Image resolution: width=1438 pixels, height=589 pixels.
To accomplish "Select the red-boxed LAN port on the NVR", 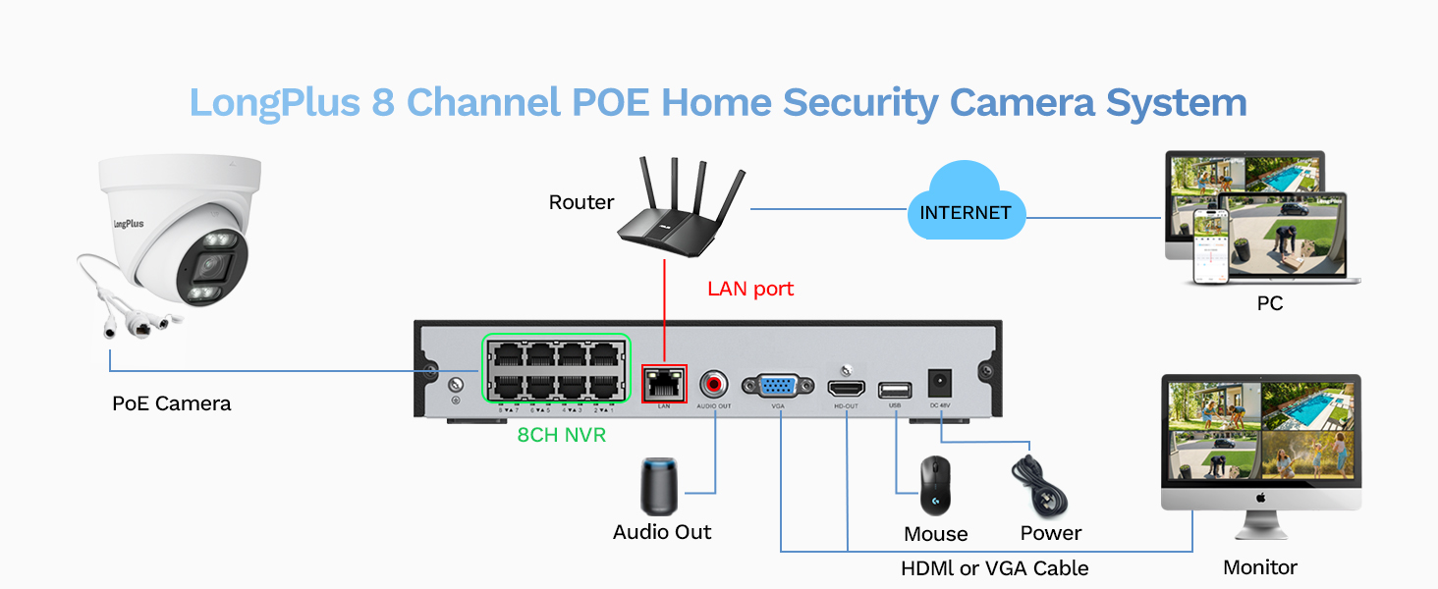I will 664,384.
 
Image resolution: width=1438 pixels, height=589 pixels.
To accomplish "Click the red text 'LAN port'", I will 750,290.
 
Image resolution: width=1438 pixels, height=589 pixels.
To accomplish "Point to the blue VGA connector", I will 777,385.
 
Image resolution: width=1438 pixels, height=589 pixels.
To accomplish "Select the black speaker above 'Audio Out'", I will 659,485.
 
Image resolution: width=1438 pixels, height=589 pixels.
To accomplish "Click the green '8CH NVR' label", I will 562,435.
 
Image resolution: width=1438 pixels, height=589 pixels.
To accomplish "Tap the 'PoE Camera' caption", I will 172,403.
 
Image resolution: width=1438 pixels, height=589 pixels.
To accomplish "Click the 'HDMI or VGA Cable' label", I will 994,568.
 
